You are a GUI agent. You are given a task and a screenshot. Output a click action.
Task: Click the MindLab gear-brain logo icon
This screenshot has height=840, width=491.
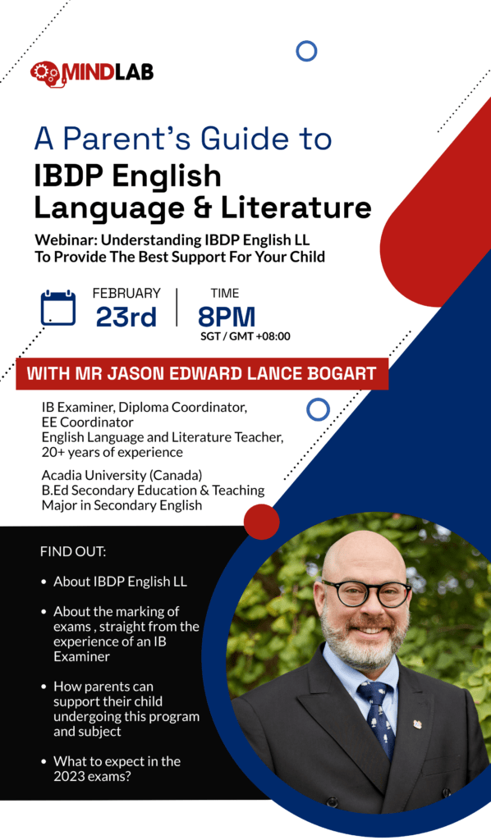[x=47, y=72]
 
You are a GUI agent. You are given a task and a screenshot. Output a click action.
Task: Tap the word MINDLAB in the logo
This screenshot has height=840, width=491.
[x=107, y=72]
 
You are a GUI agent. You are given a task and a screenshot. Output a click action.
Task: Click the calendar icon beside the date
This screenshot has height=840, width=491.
[x=58, y=308]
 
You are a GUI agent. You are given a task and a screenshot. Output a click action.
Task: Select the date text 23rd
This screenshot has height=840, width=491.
[x=126, y=317]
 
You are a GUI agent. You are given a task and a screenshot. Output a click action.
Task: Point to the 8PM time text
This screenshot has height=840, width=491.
[x=226, y=317]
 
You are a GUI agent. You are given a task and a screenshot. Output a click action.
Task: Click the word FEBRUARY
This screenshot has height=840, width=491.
[x=126, y=293]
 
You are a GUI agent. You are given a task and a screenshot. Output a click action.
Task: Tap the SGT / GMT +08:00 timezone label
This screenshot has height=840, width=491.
[x=245, y=336]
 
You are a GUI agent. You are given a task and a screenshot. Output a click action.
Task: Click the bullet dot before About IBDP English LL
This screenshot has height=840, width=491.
[x=44, y=582]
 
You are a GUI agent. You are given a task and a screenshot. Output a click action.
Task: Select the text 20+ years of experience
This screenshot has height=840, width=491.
[x=112, y=453]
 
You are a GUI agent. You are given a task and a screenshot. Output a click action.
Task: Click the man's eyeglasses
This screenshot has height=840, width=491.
[x=365, y=591]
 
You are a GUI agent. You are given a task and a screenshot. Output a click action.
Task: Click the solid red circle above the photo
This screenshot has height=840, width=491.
[x=262, y=522]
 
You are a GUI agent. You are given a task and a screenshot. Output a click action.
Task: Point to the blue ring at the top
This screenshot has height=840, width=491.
[x=306, y=52]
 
